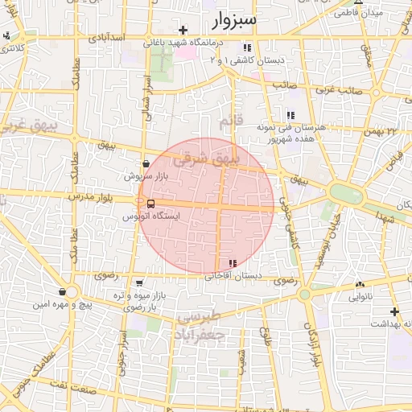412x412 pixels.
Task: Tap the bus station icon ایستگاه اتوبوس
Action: [152, 204]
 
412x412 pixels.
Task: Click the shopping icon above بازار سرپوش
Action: [146, 163]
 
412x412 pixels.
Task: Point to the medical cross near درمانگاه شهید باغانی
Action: [183, 30]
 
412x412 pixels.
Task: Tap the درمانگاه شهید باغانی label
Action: [179, 42]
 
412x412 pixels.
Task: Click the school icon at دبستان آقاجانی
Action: [233, 263]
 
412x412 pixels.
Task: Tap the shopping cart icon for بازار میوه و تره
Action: [140, 283]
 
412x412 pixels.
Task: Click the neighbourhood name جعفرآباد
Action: [200, 331]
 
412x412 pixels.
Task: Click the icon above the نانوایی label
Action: [360, 284]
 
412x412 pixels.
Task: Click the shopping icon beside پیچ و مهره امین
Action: [63, 291]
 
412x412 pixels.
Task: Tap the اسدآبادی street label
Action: [105, 38]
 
